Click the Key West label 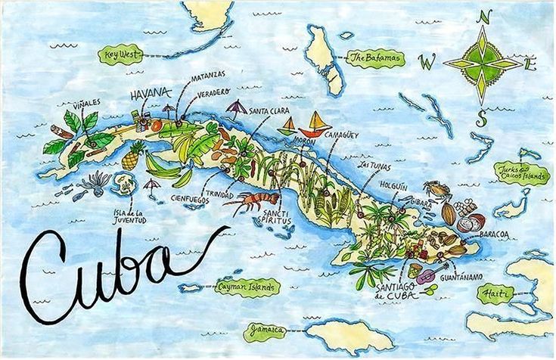pos(120,54)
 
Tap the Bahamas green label pos(375,58)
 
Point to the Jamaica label pos(265,331)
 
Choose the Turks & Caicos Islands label pos(521,173)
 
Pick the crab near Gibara pos(436,189)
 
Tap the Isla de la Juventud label pos(129,213)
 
